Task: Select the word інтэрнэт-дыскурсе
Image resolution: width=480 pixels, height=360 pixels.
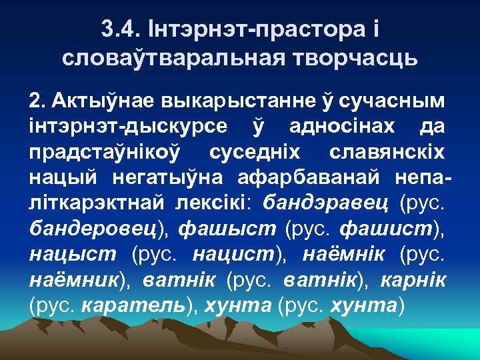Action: tap(127, 127)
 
